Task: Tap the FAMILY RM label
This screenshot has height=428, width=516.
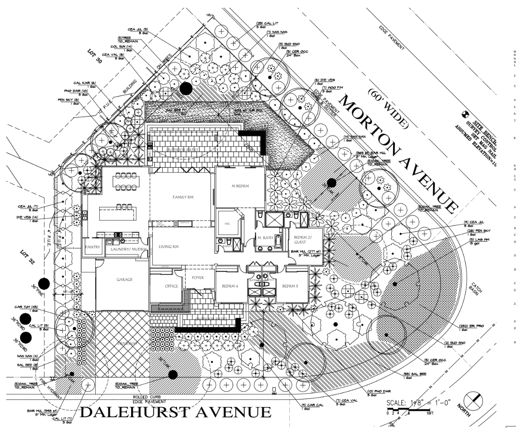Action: tap(182, 198)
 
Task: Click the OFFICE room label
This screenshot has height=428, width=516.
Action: tap(165, 286)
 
